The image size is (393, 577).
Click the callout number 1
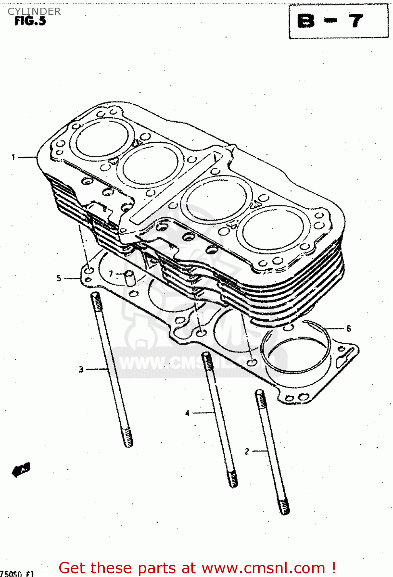13,157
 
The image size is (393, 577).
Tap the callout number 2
247,451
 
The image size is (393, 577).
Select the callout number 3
81,369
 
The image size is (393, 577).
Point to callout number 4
187,413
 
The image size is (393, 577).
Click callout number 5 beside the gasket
59,278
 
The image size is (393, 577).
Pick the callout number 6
348,328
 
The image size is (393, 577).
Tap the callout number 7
111,273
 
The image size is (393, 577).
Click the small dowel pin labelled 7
130,278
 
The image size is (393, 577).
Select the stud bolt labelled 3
112,369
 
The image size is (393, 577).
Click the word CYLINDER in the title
34,12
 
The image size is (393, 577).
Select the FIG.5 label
30,21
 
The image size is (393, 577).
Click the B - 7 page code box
338,21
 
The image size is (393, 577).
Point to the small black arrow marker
21,469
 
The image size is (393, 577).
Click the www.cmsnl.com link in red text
264,568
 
